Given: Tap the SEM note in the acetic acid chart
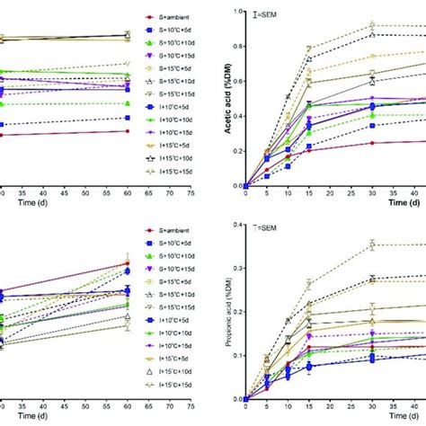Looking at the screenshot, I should (271, 14).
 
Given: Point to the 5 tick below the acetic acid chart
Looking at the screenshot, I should (267, 193).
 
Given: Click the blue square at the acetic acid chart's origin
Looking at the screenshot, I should (246, 185).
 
